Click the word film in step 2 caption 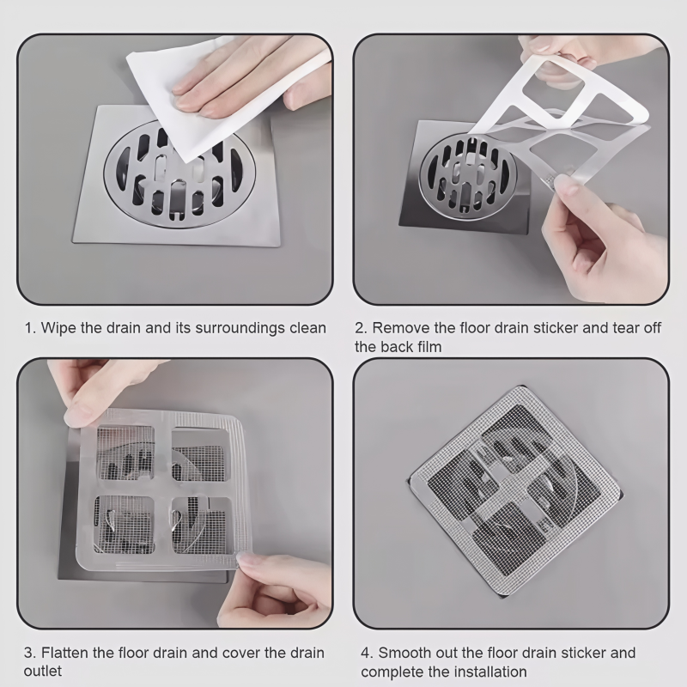click(x=429, y=347)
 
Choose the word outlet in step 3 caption click(x=42, y=672)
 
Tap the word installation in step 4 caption click(x=490, y=672)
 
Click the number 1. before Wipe click(x=30, y=328)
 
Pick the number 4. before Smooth click(x=368, y=653)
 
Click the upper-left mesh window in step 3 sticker click(x=125, y=453)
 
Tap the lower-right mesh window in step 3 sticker click(x=201, y=525)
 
